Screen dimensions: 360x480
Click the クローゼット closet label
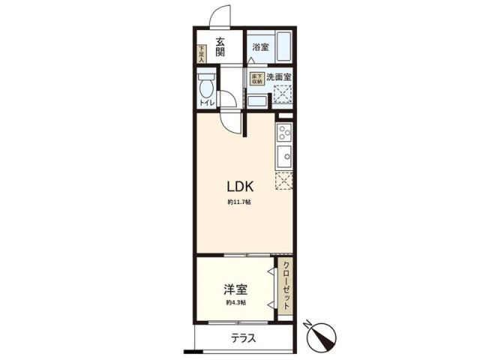coord(286,288)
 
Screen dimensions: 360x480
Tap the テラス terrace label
coord(244,338)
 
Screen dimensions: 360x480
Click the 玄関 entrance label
coord(221,46)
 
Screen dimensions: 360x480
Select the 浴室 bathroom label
coord(260,47)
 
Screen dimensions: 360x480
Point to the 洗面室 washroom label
coord(278,76)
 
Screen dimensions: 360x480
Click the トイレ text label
coord(206,103)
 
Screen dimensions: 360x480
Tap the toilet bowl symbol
coord(205,84)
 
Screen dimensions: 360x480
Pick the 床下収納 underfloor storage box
coord(256,78)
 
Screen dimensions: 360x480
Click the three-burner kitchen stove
coord(284,133)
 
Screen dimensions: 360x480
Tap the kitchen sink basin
coord(284,157)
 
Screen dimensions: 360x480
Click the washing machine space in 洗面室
coord(283,95)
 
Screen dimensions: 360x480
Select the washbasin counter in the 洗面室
coord(256,100)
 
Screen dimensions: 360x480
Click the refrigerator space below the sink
coord(283,181)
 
